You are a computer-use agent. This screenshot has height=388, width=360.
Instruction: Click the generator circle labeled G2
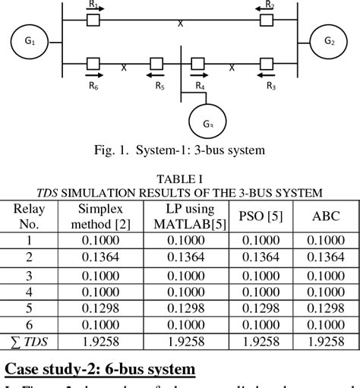[x=329, y=41]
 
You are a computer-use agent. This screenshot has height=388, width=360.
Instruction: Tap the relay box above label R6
[x=93, y=64]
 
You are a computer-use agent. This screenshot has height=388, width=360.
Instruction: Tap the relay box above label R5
[x=157, y=64]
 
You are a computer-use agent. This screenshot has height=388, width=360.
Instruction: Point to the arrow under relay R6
[x=93, y=76]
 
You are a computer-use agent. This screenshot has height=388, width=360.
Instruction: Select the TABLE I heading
[x=179, y=178]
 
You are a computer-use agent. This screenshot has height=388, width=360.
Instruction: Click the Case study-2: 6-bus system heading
[x=99, y=370]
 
